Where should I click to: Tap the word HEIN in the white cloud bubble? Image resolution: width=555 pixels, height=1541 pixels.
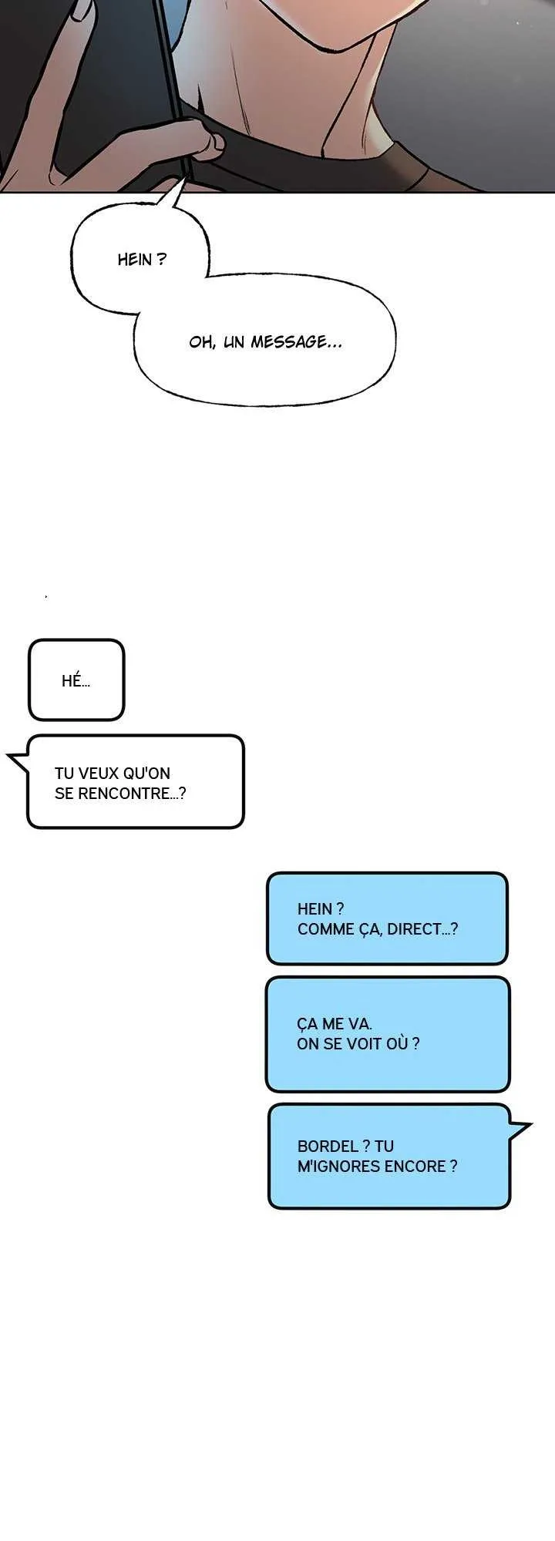tap(135, 260)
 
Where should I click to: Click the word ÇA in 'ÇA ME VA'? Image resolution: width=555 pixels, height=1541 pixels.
tap(308, 1024)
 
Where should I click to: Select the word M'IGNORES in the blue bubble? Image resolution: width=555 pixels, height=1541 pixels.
tap(333, 1167)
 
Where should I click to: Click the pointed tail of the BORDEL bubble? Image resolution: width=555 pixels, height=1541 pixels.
tap(524, 1130)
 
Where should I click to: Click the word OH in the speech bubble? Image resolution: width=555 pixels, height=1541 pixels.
tap(200, 342)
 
